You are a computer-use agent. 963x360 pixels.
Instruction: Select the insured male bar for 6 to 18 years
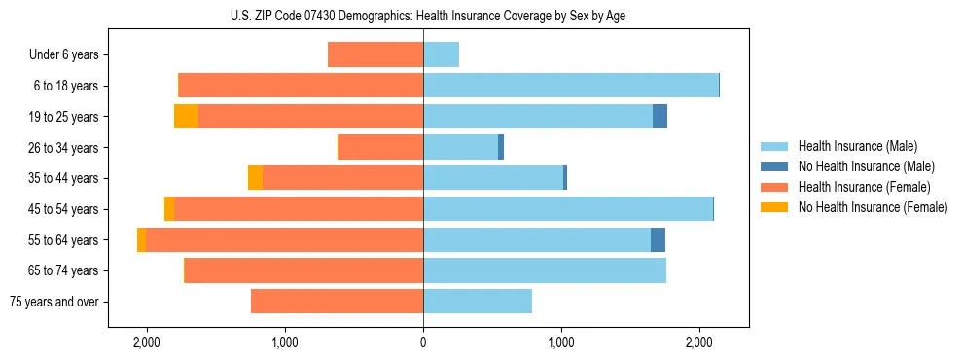[x=571, y=86]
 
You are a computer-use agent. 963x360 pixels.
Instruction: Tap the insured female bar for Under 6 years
[x=375, y=54]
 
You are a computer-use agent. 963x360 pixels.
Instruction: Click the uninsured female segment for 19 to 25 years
[x=186, y=117]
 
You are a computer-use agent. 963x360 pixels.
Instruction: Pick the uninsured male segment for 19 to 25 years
[x=660, y=117]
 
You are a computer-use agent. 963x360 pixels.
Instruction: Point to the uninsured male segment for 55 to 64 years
[x=658, y=239]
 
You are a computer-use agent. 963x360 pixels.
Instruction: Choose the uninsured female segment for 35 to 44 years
[x=255, y=178]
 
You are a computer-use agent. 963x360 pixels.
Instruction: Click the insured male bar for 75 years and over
[x=478, y=302]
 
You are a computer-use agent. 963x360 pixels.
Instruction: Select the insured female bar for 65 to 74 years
[x=303, y=270]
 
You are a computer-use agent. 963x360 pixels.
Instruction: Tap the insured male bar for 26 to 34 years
[x=460, y=147]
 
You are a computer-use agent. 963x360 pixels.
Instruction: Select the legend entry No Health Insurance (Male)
[x=866, y=166]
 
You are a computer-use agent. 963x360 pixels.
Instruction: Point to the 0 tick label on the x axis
[x=423, y=342]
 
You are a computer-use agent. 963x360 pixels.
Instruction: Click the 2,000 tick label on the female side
[x=147, y=342]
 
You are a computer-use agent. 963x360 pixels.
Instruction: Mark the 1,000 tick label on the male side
[x=561, y=342]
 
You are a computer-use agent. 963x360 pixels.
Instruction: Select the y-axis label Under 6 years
[x=64, y=55]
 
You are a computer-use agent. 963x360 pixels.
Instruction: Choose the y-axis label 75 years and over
[x=53, y=302]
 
